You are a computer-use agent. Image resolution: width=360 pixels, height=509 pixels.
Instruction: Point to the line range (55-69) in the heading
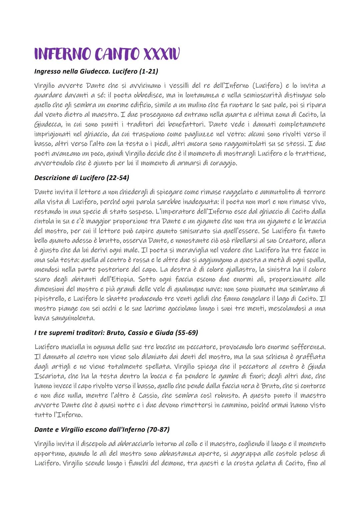point(187,332)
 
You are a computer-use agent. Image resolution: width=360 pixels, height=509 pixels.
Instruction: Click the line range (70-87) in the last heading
point(158,429)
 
